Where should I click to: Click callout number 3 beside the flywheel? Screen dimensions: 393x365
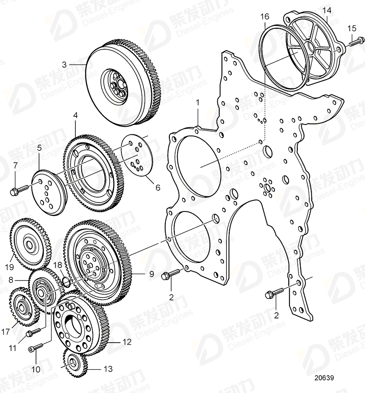64,64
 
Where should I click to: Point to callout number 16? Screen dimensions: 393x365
265,17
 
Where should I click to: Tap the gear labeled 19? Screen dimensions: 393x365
28,245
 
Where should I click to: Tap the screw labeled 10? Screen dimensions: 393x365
34,348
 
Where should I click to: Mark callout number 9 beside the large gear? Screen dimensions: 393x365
151,274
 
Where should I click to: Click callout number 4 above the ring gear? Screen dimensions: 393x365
75,116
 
